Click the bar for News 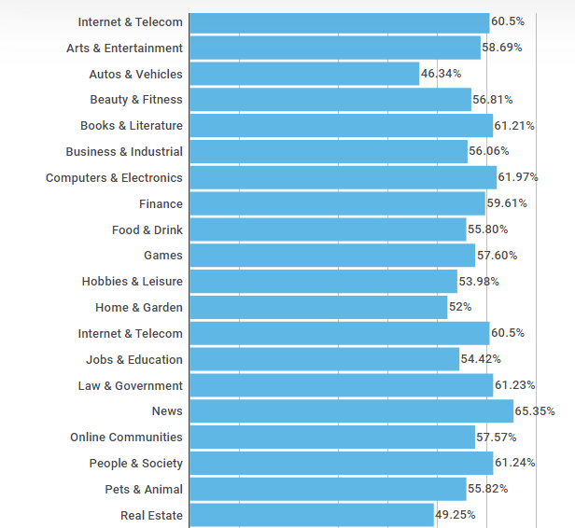pos(351,411)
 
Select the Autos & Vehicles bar pos(304,74)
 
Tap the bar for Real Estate pos(311,515)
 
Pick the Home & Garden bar pos(317,308)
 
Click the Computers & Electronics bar pos(343,177)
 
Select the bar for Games pos(331,256)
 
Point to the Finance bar pos(337,203)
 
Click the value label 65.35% pos(536,411)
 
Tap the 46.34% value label pos(441,74)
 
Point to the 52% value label pos(460,308)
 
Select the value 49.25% pos(456,515)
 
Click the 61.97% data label pos(518,177)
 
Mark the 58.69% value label pos(502,48)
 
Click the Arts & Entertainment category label pos(124,48)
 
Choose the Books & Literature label pos(132,126)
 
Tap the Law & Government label pos(130,385)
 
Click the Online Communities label pos(126,438)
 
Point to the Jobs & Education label pos(134,359)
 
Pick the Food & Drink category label pos(147,229)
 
